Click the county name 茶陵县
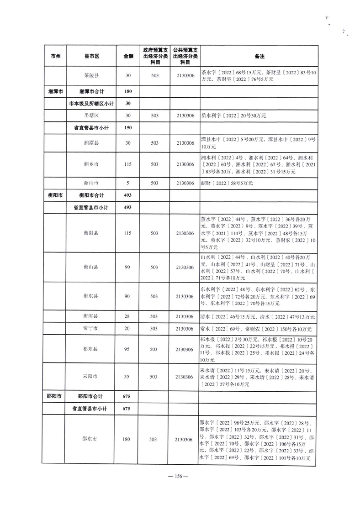91,76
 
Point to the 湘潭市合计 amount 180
127,91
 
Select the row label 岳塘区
91,116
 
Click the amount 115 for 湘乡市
127,164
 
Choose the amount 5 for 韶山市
127,183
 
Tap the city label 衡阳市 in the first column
55,195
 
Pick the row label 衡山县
91,266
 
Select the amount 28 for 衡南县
127,316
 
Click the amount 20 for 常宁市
127,329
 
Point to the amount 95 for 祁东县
127,349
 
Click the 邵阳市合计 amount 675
127,396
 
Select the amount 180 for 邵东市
127,439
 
